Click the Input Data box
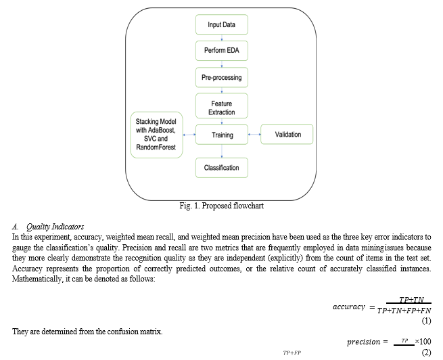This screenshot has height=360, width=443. point(222,25)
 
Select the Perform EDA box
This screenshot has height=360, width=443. point(222,51)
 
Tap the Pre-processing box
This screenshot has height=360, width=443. point(222,78)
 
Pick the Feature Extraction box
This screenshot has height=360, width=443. point(222,107)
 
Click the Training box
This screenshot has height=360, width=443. point(222,135)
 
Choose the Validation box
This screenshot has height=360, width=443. point(287,135)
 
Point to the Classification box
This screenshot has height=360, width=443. point(222,168)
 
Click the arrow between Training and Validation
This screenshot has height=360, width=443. point(254,135)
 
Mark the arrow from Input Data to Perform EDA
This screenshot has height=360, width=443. point(222,38)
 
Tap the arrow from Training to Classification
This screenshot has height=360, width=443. point(222,151)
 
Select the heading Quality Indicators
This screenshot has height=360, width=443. point(53,227)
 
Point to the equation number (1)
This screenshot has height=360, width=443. point(426,320)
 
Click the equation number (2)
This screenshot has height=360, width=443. point(426,353)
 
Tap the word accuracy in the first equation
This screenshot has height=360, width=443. point(349,307)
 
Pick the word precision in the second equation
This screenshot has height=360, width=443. point(363,342)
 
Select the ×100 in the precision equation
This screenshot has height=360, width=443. point(423,341)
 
